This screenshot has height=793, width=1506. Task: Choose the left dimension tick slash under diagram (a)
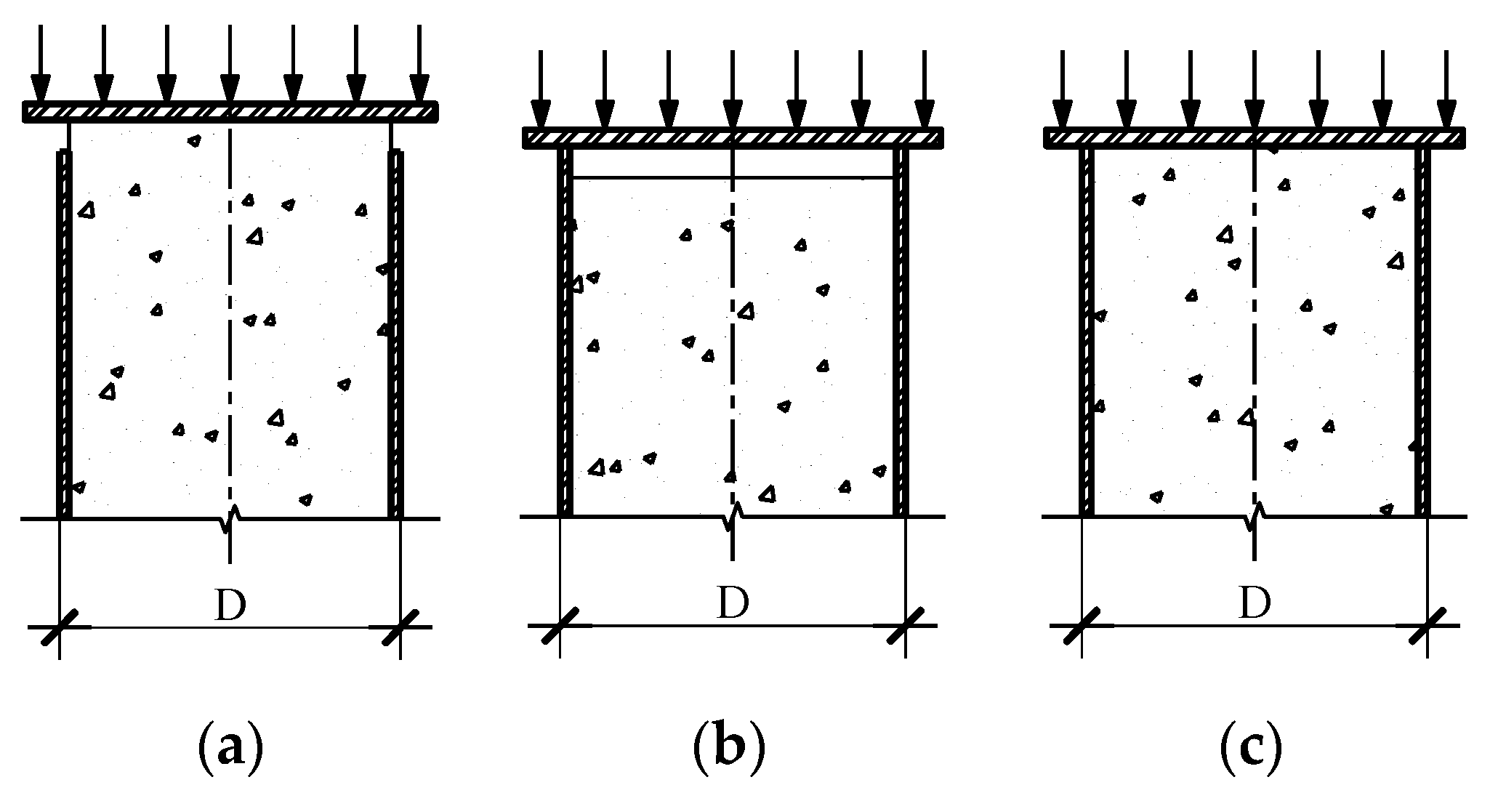pos(60,627)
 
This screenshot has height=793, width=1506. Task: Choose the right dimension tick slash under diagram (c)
pos(1428,626)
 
